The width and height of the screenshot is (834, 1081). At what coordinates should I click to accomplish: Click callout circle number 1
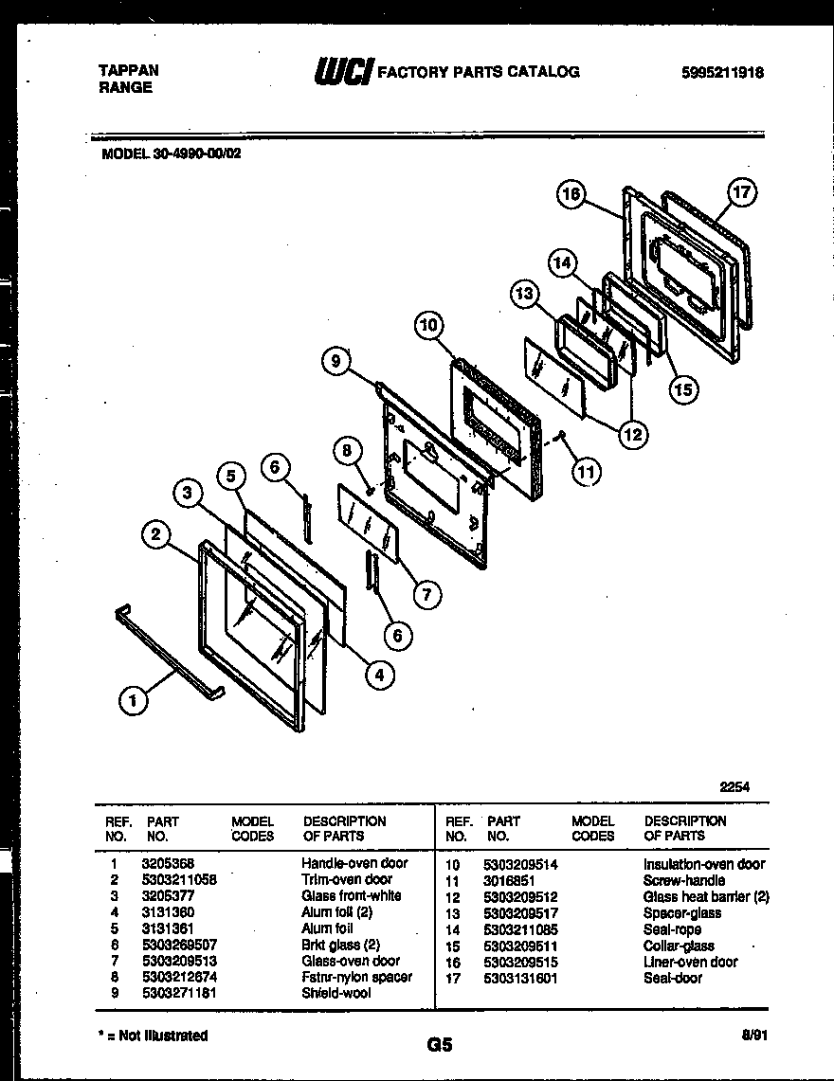[x=134, y=701]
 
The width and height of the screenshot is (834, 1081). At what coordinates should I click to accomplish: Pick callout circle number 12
[x=632, y=435]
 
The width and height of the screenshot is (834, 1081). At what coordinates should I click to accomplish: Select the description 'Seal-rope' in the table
[x=672, y=929]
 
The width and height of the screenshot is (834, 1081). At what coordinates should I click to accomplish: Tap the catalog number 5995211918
[x=721, y=72]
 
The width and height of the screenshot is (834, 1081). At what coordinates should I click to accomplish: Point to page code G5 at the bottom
[x=440, y=1045]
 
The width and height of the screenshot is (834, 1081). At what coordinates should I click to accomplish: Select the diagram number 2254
[x=734, y=786]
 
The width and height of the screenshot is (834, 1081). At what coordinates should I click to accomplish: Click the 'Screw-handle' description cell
[x=683, y=880]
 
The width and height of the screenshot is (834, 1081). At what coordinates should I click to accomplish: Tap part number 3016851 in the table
[x=509, y=880]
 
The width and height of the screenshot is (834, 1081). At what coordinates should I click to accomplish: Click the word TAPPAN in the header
[x=128, y=70]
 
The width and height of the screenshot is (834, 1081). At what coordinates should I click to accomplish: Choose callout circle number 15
[x=682, y=387]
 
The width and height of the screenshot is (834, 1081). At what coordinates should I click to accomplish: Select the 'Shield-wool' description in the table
[x=335, y=993]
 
